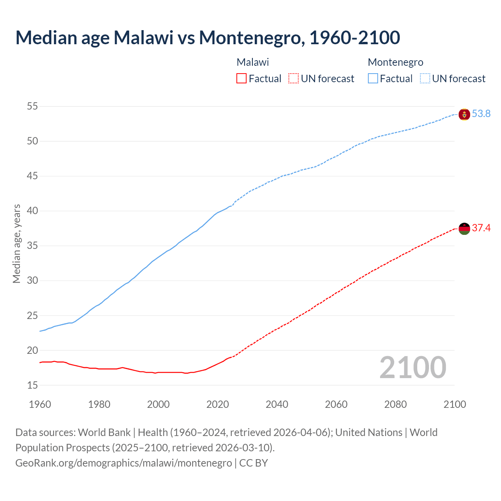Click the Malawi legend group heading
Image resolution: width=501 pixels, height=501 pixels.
[x=252, y=62]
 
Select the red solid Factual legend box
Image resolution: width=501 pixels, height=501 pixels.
[x=241, y=79]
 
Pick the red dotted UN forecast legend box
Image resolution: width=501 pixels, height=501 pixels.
[x=294, y=79]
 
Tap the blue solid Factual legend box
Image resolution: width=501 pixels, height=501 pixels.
[x=373, y=79]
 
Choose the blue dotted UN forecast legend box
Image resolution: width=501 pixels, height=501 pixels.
[x=425, y=79]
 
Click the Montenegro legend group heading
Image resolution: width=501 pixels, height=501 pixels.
[x=395, y=62]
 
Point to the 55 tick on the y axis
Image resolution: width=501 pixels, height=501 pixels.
[x=32, y=106]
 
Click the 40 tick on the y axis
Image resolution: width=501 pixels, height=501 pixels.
[x=32, y=211]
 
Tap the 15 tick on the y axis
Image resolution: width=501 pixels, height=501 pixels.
[x=32, y=386]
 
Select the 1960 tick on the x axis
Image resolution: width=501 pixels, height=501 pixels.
[x=40, y=404]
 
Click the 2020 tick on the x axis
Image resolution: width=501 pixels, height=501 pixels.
[x=218, y=404]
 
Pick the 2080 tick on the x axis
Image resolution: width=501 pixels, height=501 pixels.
[x=395, y=404]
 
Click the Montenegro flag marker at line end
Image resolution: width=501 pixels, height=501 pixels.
[x=464, y=114]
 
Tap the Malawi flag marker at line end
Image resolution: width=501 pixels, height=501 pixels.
[x=464, y=229]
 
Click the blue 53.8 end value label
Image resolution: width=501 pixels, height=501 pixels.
[x=481, y=114]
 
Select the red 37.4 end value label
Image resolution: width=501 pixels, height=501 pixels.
[x=481, y=228]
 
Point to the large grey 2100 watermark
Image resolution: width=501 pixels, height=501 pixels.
[x=413, y=368]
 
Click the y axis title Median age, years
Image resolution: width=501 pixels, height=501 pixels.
[x=16, y=243]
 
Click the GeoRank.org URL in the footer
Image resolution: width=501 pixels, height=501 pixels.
[x=123, y=463]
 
